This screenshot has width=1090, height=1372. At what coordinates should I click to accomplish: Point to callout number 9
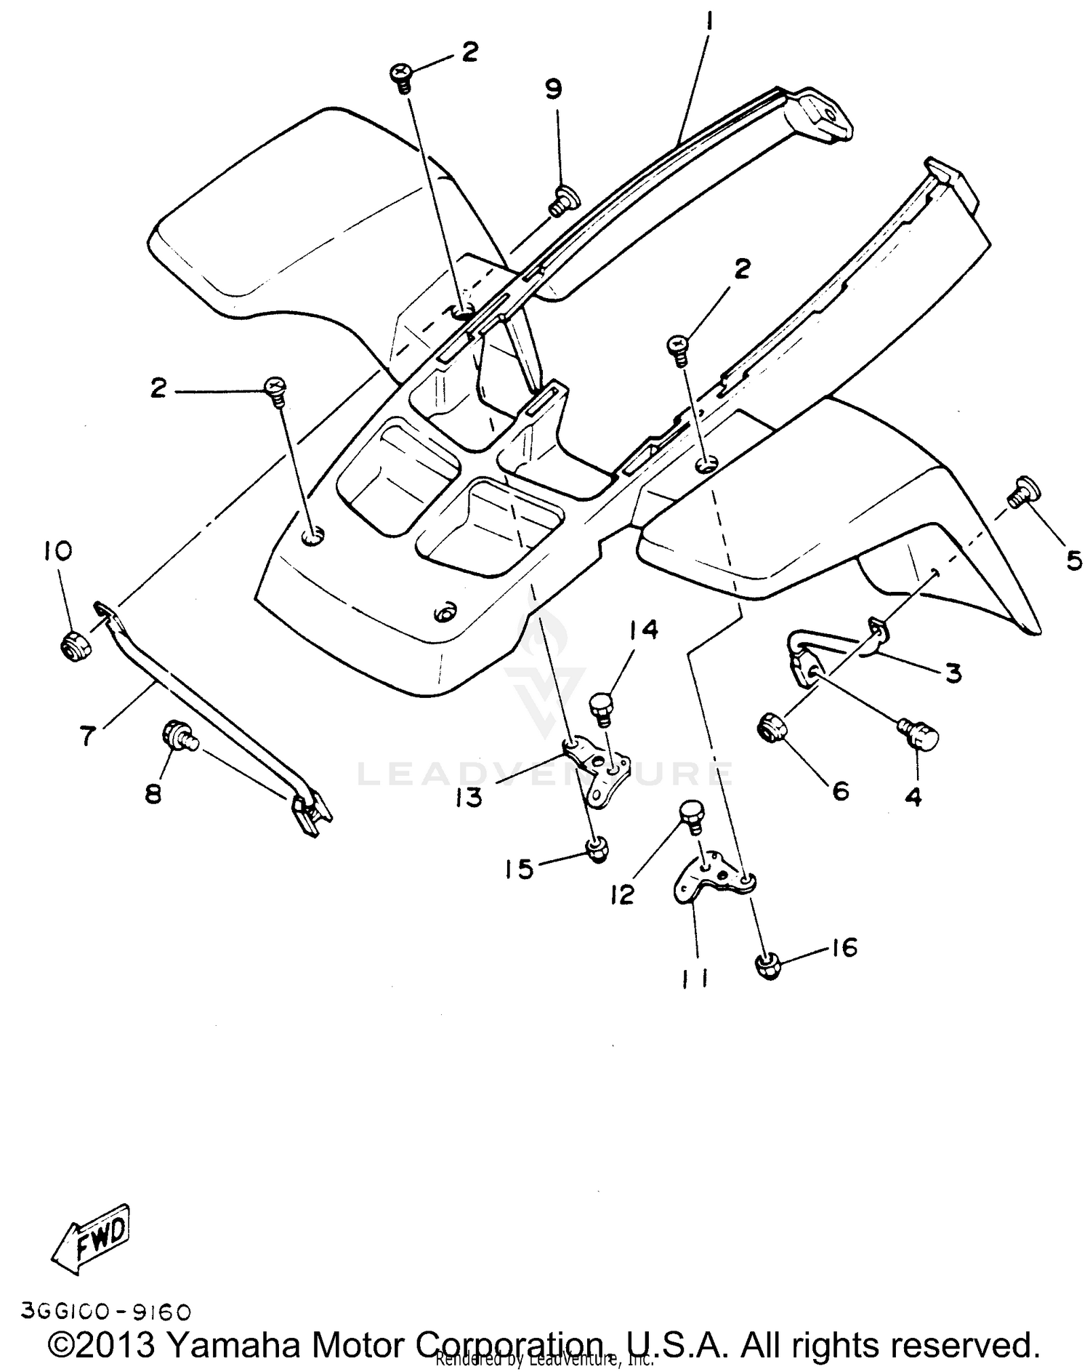[x=554, y=89]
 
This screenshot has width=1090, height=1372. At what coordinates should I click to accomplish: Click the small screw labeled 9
[x=562, y=199]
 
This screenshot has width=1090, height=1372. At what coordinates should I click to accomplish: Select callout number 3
[x=953, y=673]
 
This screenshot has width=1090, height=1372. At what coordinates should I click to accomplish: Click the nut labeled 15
[x=596, y=849]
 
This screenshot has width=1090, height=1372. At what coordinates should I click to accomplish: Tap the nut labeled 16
[x=767, y=966]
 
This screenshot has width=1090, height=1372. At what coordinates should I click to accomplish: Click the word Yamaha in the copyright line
[x=232, y=1344]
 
